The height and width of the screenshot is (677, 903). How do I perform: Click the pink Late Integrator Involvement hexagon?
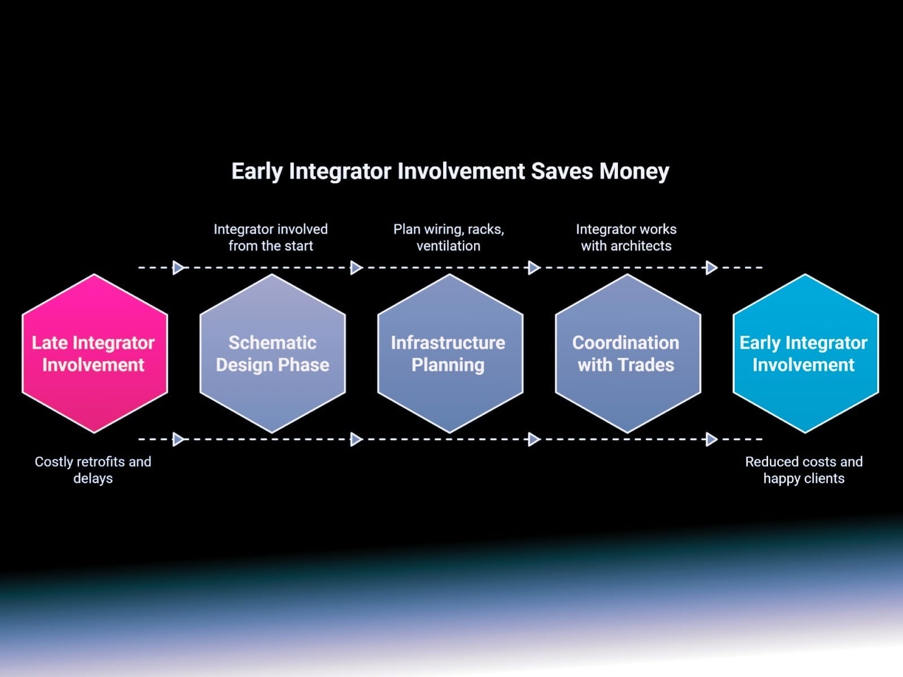click(x=95, y=354)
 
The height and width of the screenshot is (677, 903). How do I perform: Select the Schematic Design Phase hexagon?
click(x=273, y=354)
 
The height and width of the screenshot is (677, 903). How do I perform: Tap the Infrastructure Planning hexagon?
click(x=450, y=354)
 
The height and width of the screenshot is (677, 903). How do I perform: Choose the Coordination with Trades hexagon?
click(x=628, y=354)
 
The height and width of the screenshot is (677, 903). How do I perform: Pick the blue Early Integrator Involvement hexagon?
click(x=805, y=354)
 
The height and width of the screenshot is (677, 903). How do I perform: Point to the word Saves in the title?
click(x=562, y=171)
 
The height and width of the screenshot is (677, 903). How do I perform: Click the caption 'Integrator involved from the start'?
click(x=271, y=237)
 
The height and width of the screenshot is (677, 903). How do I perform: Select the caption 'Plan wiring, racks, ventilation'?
click(x=449, y=237)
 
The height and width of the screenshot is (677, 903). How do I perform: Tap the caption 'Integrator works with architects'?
click(x=626, y=237)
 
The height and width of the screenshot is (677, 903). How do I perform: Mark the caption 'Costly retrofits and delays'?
click(x=93, y=470)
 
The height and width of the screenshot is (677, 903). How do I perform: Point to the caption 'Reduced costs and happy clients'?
click(x=804, y=470)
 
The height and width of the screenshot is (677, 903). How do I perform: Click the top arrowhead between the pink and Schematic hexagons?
click(x=178, y=267)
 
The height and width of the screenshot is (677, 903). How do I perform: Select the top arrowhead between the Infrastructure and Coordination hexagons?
click(x=534, y=267)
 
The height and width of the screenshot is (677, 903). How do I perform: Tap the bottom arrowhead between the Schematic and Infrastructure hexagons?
click(x=356, y=439)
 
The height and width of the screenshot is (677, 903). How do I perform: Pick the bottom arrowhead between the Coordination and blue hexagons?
click(x=712, y=439)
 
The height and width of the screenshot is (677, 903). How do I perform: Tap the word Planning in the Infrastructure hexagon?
click(x=448, y=366)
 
